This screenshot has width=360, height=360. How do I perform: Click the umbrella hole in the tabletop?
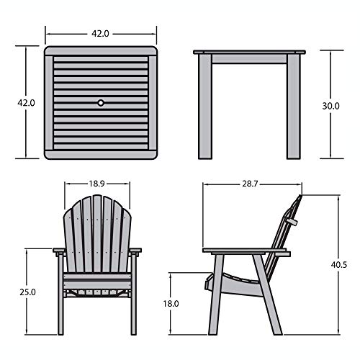[x=101, y=103]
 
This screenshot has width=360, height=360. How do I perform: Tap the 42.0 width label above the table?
[x=100, y=34]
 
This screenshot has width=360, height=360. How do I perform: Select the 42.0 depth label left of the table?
[x=26, y=103]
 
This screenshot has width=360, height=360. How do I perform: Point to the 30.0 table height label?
[x=330, y=106]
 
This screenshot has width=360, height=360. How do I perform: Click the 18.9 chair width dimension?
[x=97, y=184]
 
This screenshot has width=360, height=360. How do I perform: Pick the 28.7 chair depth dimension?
[x=250, y=184]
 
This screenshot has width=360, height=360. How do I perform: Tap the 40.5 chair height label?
[x=339, y=265]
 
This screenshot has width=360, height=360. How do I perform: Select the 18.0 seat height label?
[x=171, y=304]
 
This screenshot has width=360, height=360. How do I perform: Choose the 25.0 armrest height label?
[x=27, y=292]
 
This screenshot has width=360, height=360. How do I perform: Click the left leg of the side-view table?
[x=205, y=107]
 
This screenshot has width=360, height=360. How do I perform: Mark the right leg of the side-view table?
[x=293, y=107]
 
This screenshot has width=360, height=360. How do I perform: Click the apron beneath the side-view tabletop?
[x=249, y=59]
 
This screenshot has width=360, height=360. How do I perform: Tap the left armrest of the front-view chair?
[x=59, y=251]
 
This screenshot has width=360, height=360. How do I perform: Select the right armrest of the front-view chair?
[x=135, y=251]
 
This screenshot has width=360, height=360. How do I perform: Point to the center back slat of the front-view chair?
[x=97, y=233]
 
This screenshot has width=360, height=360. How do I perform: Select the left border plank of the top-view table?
[x=49, y=103]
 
